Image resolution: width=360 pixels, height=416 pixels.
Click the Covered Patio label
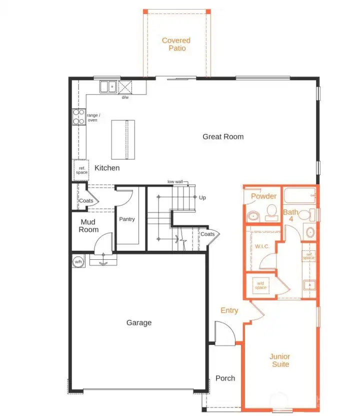click(176, 44)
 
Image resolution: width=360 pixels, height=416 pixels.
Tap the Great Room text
click(223, 136)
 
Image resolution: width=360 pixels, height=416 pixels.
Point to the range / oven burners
click(78, 117)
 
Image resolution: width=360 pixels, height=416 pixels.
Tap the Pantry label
click(127, 219)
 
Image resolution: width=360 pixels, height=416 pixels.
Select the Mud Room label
click(88, 226)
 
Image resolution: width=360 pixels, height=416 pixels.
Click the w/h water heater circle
click(78, 261)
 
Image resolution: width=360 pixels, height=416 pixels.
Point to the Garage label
click(138, 323)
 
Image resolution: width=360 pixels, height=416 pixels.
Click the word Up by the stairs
click(202, 198)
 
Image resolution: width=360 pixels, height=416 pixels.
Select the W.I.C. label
click(262, 246)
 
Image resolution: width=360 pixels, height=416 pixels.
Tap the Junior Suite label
click(280, 360)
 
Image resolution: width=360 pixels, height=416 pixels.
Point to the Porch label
click(225, 378)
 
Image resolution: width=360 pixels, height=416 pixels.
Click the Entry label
click(229, 310)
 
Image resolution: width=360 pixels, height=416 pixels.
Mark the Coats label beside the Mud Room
click(85, 201)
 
